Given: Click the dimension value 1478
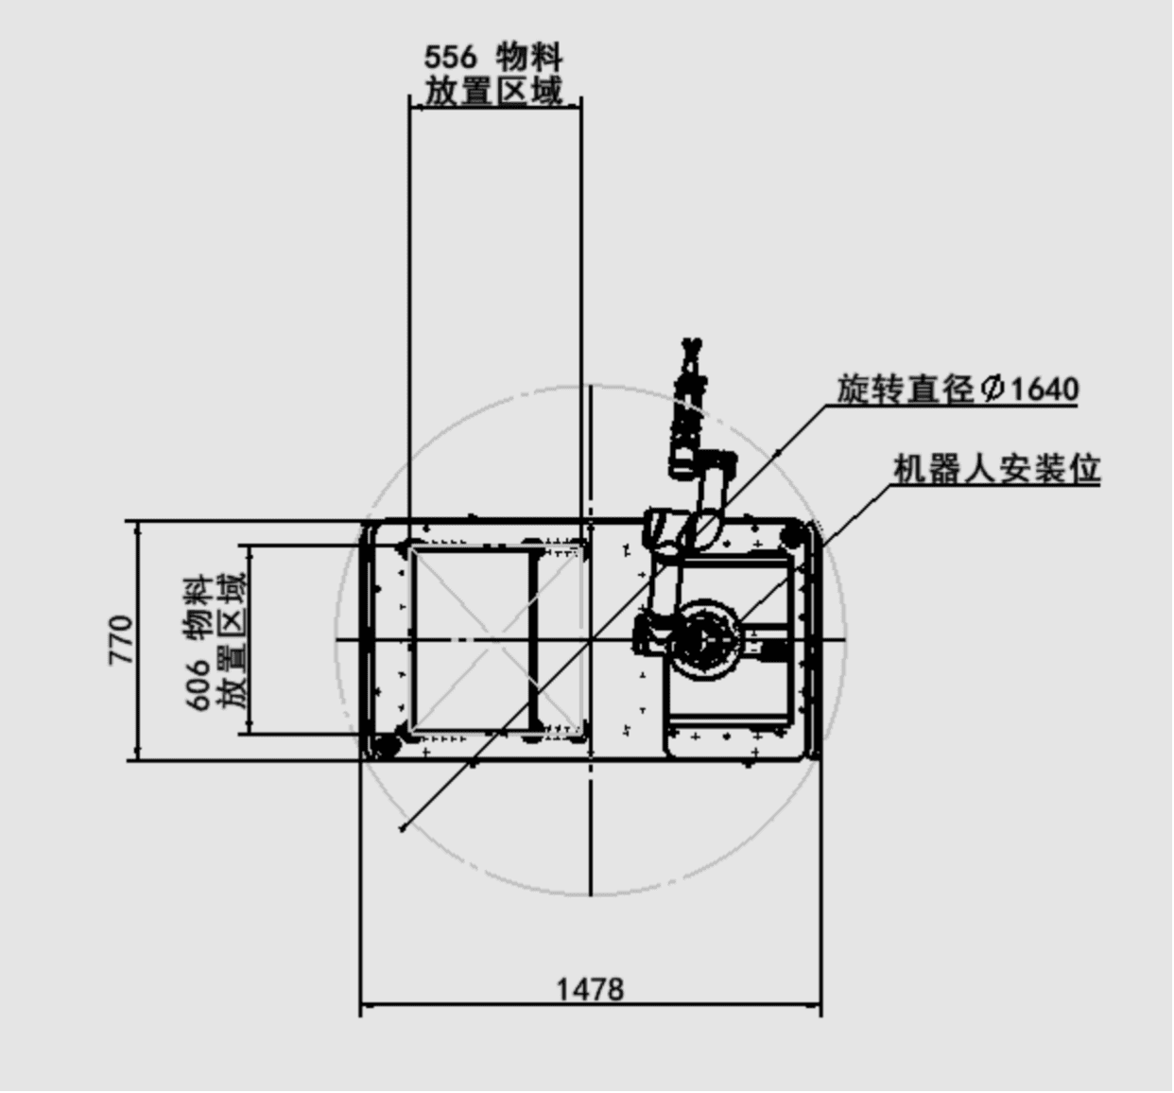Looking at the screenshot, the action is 590,989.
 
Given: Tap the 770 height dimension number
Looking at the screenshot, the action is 121,640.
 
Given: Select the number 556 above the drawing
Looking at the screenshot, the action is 450,58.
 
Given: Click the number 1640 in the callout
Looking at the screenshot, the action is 1045,390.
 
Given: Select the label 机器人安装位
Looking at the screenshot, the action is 996,470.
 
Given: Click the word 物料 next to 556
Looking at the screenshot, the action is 529,58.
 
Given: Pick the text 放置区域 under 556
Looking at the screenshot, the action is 493,91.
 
